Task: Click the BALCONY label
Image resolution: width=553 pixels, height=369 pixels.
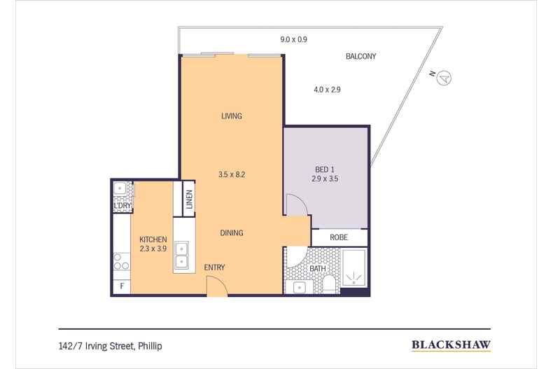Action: coord(360,56)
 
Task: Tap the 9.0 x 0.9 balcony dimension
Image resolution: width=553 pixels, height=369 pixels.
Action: coord(293,39)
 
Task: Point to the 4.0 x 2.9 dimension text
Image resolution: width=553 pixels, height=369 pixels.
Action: coord(327,90)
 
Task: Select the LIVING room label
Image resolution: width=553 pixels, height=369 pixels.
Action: coord(232,116)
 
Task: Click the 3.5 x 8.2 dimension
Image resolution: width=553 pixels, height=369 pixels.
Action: coord(232,174)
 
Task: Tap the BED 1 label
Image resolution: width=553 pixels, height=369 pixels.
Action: coord(325,169)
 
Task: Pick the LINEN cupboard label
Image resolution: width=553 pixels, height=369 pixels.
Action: coord(190,200)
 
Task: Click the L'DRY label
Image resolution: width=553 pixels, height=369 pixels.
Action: coord(122,205)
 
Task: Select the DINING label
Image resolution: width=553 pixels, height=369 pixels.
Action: coord(232,233)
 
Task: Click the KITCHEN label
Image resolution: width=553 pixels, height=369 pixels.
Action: coord(153,239)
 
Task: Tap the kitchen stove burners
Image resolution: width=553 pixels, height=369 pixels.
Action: coord(122,262)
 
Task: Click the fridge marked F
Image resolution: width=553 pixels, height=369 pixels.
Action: coord(122,286)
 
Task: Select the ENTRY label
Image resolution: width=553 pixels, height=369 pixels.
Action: coord(214,267)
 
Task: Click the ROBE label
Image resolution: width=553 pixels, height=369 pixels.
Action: coord(339,237)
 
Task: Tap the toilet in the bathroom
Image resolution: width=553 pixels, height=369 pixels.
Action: coord(330,284)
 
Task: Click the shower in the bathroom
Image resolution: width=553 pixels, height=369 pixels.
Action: coord(353,268)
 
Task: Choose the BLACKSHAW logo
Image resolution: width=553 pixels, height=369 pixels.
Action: coord(451,345)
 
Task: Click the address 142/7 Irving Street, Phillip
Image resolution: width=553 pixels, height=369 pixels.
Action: coord(111,346)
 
